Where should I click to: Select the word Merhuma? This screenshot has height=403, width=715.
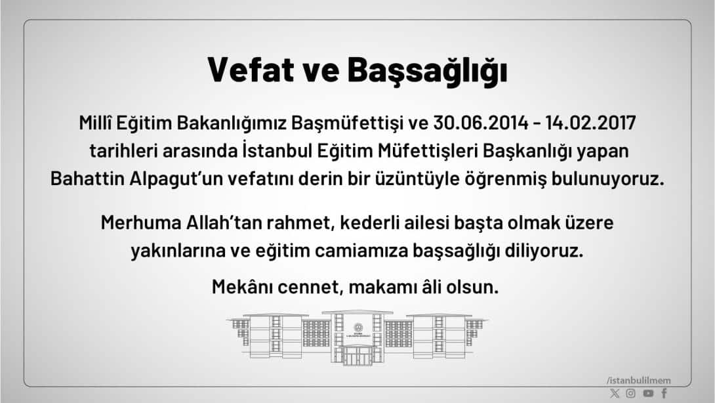pos(133,223)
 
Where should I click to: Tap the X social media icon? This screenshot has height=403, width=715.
pos(614,393)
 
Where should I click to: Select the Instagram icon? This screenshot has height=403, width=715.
pos(630,393)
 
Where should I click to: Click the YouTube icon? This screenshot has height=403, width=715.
pos(648,393)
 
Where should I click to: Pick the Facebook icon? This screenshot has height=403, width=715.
pos(664,393)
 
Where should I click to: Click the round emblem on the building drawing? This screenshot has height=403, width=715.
pos(357,328)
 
